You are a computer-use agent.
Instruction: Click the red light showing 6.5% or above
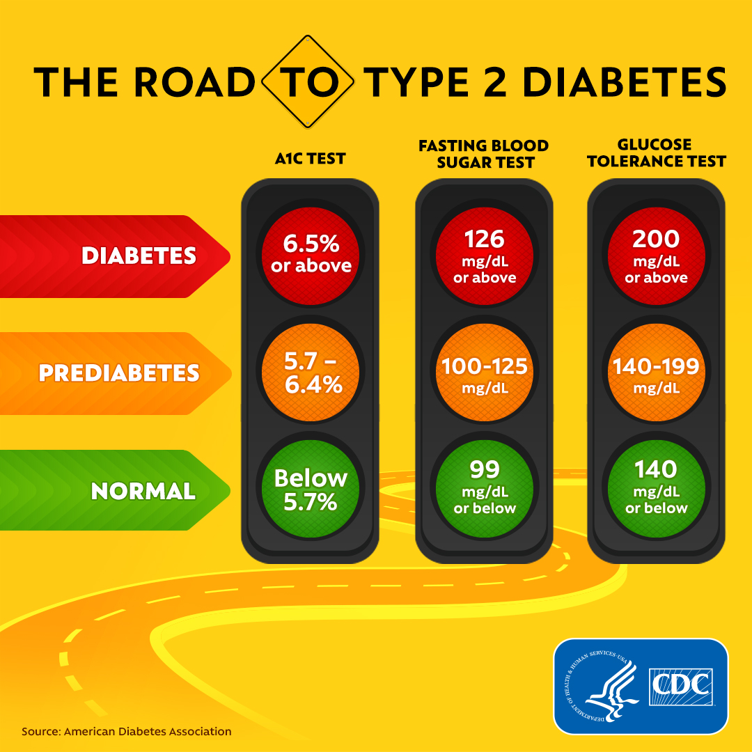pos(311,254)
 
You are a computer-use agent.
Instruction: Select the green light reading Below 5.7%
pos(311,489)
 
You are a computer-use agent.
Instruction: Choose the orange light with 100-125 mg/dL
pos(485,372)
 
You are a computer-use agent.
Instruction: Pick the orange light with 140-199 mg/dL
pos(656,372)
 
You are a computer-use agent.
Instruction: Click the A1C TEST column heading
pos(310,159)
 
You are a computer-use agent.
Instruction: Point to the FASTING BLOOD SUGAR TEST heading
pos(484,154)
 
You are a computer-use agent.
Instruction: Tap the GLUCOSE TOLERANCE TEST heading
pos(656,153)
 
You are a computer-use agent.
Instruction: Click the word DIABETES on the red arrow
pos(139,256)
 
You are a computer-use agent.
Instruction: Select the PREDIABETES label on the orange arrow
pos(119,373)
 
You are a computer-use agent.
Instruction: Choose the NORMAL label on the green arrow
pos(143,492)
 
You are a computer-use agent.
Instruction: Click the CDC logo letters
pos(680,687)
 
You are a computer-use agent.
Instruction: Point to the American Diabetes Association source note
pos(126,732)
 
